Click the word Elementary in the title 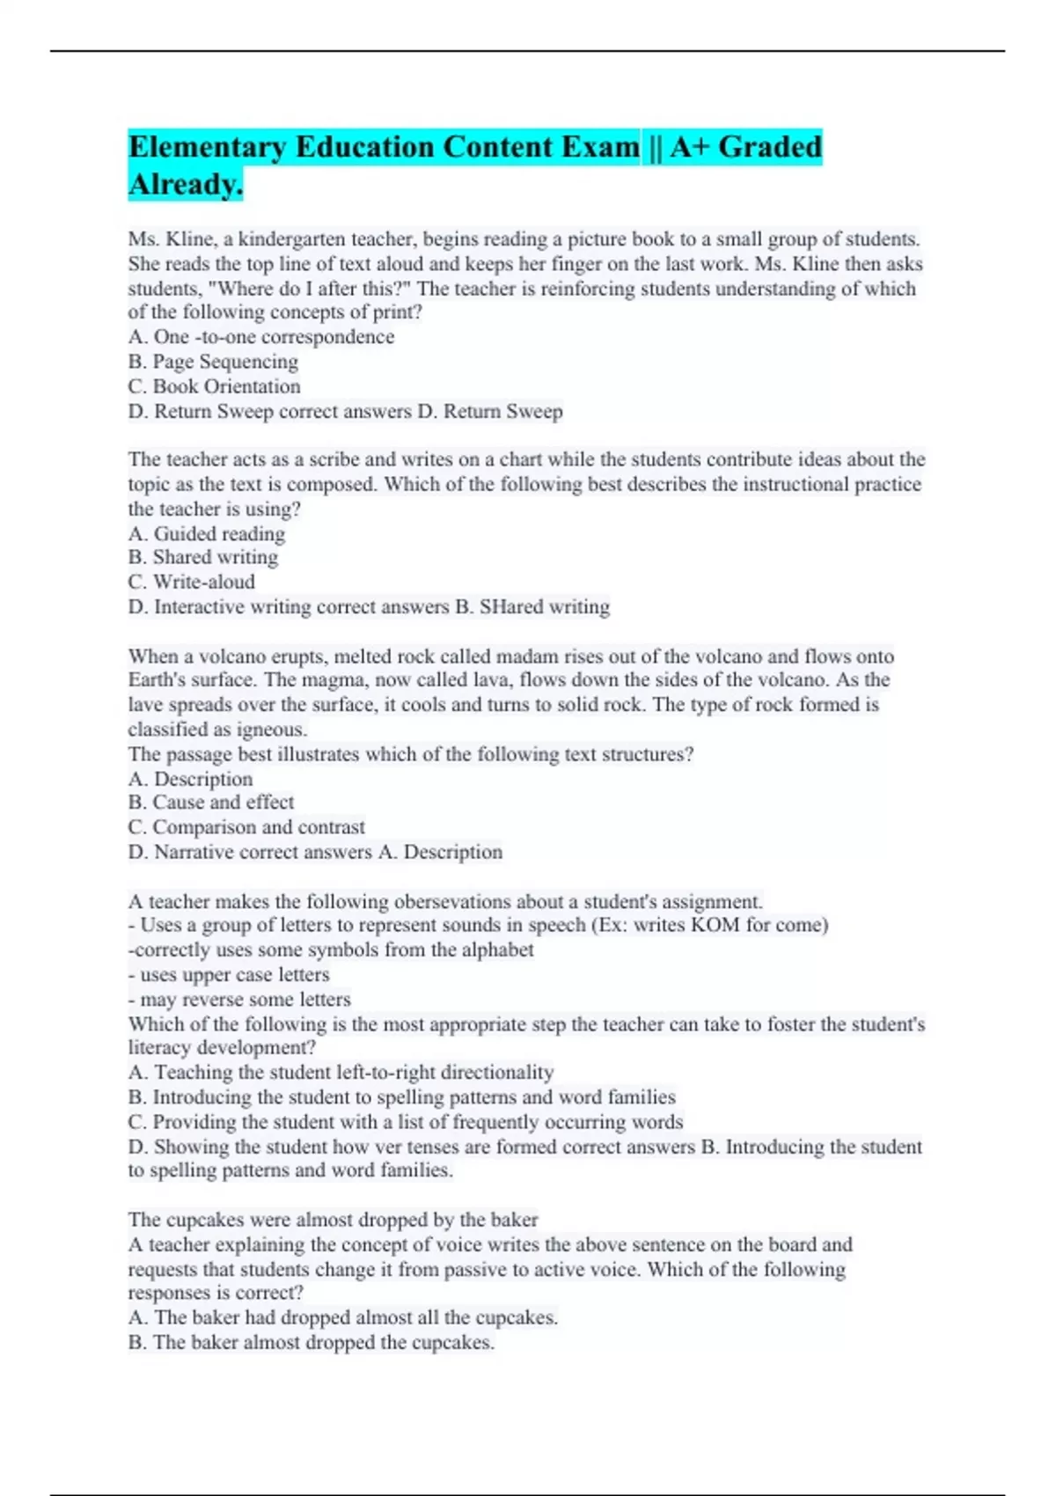pos(207,147)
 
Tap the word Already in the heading pos(185,185)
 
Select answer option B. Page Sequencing pos(213,362)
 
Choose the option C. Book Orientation pos(214,386)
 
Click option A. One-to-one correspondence pos(261,337)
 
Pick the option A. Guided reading pos(207,533)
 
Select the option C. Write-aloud pos(192,582)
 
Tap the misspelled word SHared pos(510,606)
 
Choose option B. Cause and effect pos(211,803)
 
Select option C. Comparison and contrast pos(246,827)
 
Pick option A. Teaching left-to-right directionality pos(341,1072)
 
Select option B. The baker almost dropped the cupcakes pos(312,1343)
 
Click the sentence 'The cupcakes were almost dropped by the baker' pos(333,1220)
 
